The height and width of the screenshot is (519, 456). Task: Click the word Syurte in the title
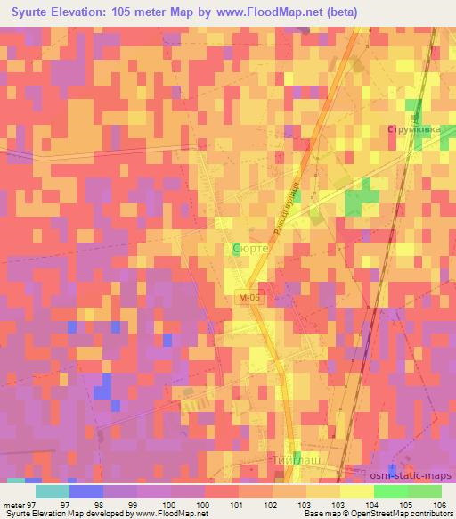click(x=33, y=12)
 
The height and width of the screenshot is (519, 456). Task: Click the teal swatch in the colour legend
click(x=53, y=491)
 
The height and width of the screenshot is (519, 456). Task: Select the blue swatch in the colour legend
click(x=86, y=491)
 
